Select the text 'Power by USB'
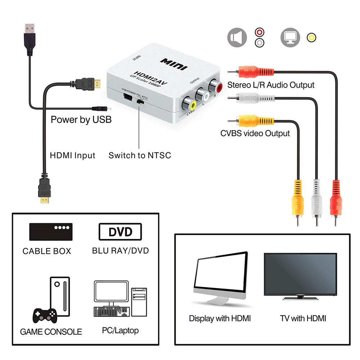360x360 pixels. pyautogui.click(x=81, y=120)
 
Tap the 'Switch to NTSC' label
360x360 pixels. pyautogui.click(x=140, y=156)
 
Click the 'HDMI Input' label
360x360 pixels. pyautogui.click(x=72, y=156)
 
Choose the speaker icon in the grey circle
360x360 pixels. pyautogui.click(x=237, y=38)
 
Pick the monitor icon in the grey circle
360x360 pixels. pyautogui.click(x=290, y=38)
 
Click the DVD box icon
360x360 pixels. pyautogui.click(x=120, y=232)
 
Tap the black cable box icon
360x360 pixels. pyautogui.click(x=51, y=232)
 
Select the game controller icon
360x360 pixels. pyautogui.click(x=45, y=316)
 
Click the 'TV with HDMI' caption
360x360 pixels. pyautogui.click(x=303, y=318)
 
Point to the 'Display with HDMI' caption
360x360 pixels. pyautogui.click(x=220, y=318)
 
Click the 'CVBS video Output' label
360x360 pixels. pyautogui.click(x=255, y=133)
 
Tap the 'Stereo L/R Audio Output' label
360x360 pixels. pyautogui.click(x=271, y=85)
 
